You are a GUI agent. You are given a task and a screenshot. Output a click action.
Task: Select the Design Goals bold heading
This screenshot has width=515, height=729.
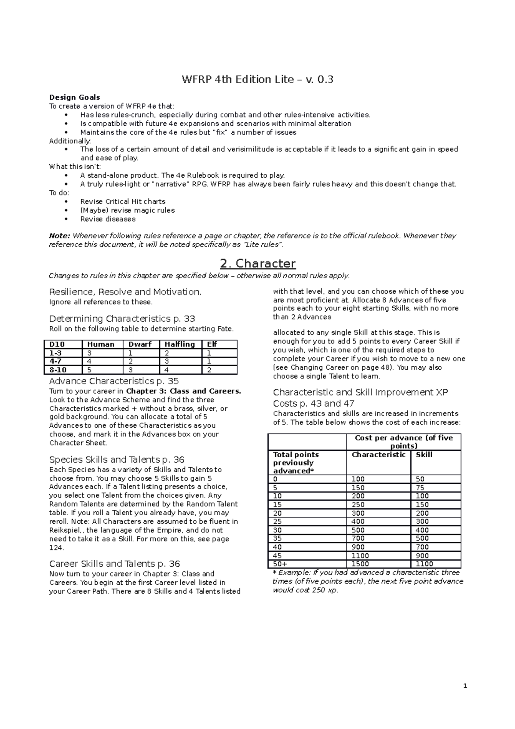click(x=74, y=97)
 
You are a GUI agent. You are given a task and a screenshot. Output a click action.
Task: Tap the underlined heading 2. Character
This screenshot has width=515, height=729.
click(x=257, y=263)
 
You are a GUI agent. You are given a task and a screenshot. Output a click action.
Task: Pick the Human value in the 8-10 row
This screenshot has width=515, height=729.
click(x=90, y=370)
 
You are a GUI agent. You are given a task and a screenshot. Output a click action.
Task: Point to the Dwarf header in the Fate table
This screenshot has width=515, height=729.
click(x=140, y=344)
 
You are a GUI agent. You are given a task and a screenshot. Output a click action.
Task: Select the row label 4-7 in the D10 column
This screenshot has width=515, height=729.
click(x=55, y=361)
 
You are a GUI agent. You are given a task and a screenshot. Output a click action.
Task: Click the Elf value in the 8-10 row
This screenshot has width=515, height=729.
click(x=209, y=370)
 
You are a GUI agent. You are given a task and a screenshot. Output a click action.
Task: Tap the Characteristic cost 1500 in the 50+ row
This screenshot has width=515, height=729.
click(x=360, y=564)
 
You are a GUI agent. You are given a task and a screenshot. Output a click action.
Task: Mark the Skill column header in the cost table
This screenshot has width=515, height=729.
click(x=424, y=455)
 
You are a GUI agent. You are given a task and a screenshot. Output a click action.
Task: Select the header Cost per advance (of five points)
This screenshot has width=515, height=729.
click(x=403, y=442)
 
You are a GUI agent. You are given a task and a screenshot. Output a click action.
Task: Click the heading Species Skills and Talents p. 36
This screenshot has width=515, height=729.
click(x=117, y=459)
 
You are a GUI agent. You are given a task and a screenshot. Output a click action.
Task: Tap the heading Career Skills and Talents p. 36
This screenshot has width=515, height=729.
click(x=115, y=564)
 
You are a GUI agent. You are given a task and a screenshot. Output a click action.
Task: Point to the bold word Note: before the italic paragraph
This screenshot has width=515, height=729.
click(x=59, y=236)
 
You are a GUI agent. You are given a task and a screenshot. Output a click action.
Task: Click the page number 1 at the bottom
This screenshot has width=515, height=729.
click(x=465, y=686)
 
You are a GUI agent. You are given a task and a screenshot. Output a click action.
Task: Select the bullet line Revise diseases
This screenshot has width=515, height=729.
click(x=108, y=219)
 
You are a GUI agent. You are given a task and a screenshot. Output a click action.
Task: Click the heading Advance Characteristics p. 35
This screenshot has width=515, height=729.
click(x=114, y=381)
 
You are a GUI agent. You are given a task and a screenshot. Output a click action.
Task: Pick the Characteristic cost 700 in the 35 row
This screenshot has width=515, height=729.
click(x=358, y=538)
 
